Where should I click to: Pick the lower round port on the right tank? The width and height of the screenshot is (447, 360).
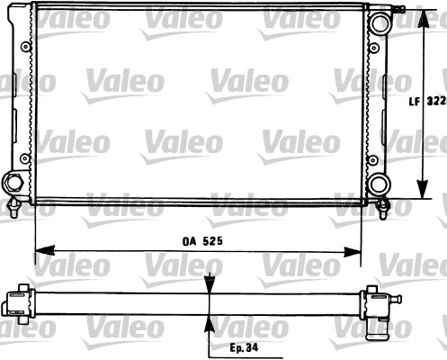(380, 184)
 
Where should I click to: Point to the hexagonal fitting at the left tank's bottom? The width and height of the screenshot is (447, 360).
(13, 183)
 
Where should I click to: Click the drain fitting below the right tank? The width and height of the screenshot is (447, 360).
(382, 210)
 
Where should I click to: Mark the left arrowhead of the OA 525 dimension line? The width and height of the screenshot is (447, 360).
(40, 249)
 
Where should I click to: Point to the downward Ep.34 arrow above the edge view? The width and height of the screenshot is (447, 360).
(210, 284)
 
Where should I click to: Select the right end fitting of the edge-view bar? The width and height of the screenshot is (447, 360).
(377, 300)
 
